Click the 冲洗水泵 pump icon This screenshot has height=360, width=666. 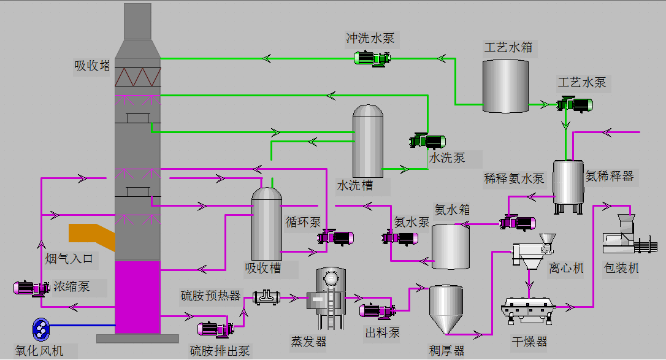372,58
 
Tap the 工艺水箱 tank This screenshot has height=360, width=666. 505,86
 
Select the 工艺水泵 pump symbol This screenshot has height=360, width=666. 575,105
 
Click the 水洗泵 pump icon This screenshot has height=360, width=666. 427,141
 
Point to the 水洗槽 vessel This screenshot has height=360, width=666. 368,142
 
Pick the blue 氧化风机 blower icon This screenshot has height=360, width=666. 41,330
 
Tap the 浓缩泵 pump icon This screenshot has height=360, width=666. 32,287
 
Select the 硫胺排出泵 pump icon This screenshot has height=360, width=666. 216,329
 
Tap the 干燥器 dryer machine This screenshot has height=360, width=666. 529,308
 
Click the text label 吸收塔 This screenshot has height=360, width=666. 93,66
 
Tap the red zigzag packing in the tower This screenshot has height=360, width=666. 138,77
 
